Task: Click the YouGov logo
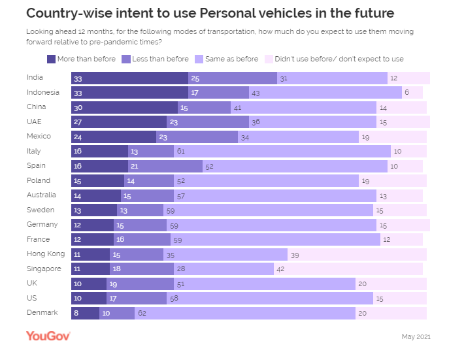[x=48, y=336]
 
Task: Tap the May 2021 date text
[x=416, y=336]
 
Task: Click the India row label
[x=35, y=77]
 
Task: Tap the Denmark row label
[x=42, y=312]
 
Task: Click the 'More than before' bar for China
[x=124, y=107]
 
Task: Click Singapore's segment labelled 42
[x=348, y=269]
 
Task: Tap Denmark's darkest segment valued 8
[x=85, y=313]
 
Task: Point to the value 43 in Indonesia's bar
[x=256, y=93]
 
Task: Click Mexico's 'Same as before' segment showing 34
[x=298, y=137]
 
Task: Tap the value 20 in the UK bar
[x=362, y=284]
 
